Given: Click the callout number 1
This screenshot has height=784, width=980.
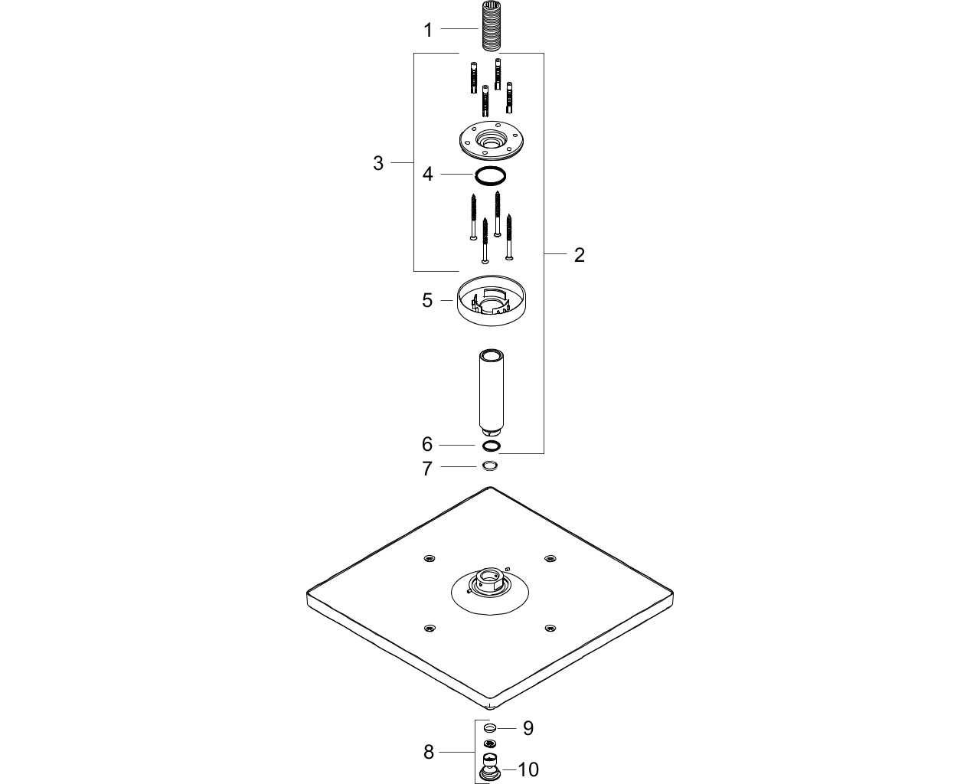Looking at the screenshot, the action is click(x=428, y=31).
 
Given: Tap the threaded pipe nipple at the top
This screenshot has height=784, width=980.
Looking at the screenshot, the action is click(x=490, y=27).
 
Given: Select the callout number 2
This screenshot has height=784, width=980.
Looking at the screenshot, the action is click(x=580, y=255).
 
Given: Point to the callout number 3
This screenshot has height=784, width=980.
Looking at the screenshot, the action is click(x=378, y=163).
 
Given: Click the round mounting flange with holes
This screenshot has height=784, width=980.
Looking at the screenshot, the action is click(x=491, y=140).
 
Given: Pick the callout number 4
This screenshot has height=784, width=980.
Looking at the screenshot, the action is click(x=427, y=174).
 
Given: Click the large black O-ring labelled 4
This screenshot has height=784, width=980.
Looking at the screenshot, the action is click(x=490, y=176).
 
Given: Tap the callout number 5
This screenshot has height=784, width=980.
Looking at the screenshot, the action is click(x=427, y=301).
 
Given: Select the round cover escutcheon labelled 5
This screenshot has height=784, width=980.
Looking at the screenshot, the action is click(x=492, y=300).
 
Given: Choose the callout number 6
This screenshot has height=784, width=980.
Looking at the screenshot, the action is click(x=426, y=444).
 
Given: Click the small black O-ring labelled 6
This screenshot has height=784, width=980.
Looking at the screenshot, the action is click(x=492, y=446).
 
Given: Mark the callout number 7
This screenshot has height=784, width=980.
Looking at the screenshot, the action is click(x=426, y=469).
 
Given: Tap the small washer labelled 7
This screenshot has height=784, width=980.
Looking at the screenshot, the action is click(x=490, y=466).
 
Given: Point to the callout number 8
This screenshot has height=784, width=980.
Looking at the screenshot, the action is click(x=429, y=753).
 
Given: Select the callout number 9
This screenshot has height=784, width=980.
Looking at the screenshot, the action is click(x=528, y=728).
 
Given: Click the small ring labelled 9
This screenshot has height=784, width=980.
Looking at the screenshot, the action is click(x=490, y=728).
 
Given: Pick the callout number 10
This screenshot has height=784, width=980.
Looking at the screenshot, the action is click(x=528, y=770).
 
